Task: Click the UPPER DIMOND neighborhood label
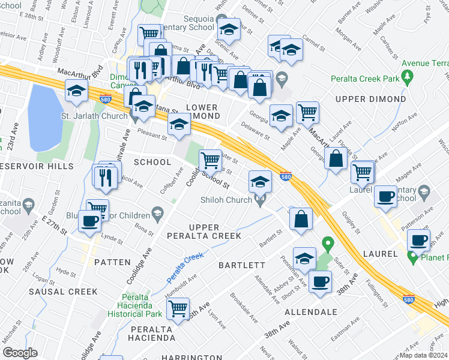371,99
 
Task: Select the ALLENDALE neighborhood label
310,313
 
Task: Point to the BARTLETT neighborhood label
242,265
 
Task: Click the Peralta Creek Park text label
367,79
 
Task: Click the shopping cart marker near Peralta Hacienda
178,308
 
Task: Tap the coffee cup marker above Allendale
320,281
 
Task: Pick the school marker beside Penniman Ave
305,257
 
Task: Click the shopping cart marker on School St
210,160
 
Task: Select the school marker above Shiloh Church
260,181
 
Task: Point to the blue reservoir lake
45,118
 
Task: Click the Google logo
20,353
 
